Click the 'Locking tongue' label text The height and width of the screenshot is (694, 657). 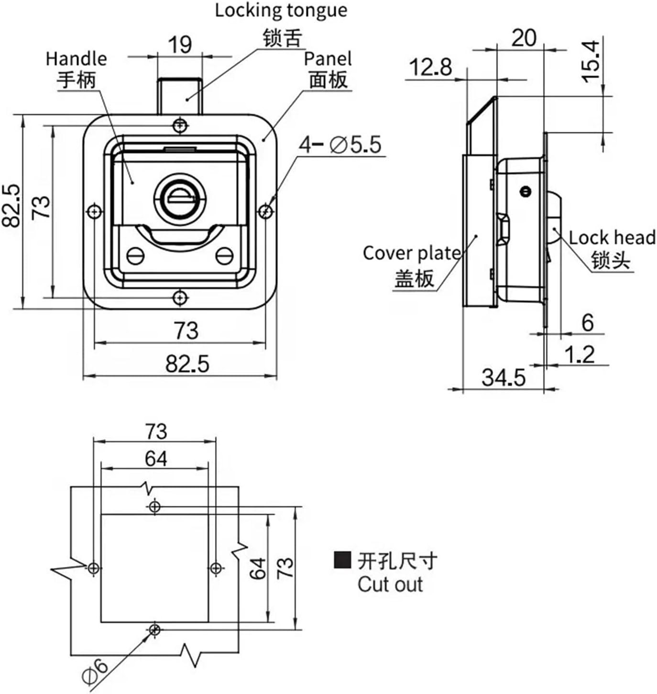[x=281, y=11]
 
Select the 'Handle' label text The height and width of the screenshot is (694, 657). [x=76, y=59]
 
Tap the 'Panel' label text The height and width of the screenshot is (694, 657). [x=328, y=59]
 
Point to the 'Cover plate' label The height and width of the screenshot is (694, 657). [x=411, y=253]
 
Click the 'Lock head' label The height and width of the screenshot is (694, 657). [x=612, y=238]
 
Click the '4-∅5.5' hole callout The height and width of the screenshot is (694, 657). [x=340, y=144]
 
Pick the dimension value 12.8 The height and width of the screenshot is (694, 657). [x=430, y=67]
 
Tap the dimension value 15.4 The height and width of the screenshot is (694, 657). [x=591, y=61]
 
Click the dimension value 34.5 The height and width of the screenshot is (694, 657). [x=503, y=377]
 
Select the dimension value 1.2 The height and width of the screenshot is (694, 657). [x=579, y=354]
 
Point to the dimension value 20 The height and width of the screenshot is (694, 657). [x=524, y=38]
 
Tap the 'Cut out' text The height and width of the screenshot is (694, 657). [x=390, y=584]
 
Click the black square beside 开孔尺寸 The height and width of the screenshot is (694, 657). [x=342, y=560]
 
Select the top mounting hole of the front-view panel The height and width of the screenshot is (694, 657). [x=180, y=125]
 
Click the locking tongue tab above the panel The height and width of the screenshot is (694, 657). [x=180, y=95]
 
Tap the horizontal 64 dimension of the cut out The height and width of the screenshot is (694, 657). [x=156, y=459]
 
